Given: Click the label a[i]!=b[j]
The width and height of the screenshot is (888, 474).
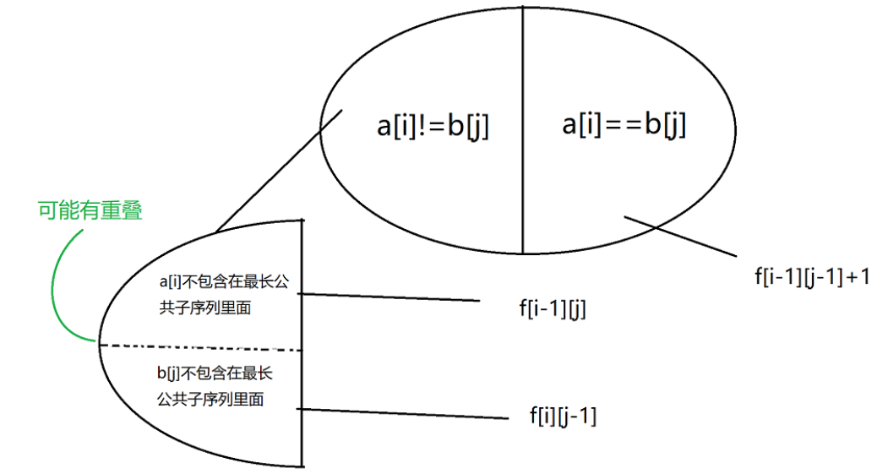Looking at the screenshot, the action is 433,127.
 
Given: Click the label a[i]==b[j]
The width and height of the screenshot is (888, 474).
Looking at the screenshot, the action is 624,125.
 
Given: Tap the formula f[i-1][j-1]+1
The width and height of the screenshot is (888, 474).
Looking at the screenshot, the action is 812,275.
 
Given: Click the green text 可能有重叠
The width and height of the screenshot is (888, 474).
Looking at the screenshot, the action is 90,210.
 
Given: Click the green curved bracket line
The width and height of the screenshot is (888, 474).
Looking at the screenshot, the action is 57,287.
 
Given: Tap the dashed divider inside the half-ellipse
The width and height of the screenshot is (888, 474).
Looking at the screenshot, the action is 203,347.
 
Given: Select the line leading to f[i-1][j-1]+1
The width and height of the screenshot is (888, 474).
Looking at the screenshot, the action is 684,237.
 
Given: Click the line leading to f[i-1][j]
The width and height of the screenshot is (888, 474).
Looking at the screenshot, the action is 389,297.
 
